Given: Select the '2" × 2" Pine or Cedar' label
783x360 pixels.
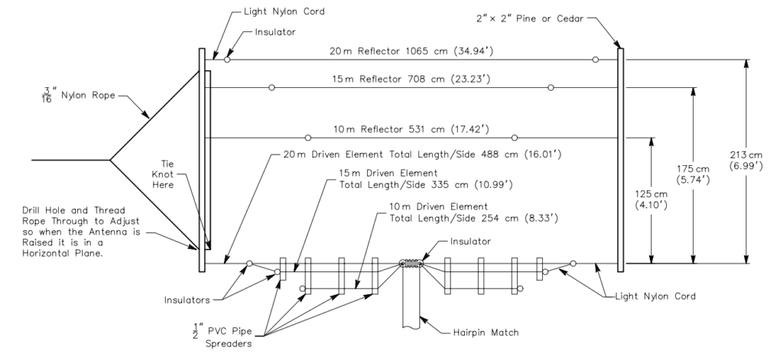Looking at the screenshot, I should coord(527,15).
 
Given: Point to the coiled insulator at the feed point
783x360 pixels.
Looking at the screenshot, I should coord(411,264).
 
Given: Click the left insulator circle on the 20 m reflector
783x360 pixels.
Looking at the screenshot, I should coord(227,59).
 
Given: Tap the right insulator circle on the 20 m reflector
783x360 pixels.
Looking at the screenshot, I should coord(595,59).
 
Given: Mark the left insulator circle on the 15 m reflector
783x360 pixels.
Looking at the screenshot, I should coord(271,87).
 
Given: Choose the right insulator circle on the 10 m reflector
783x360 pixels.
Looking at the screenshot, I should coord(515,138).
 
